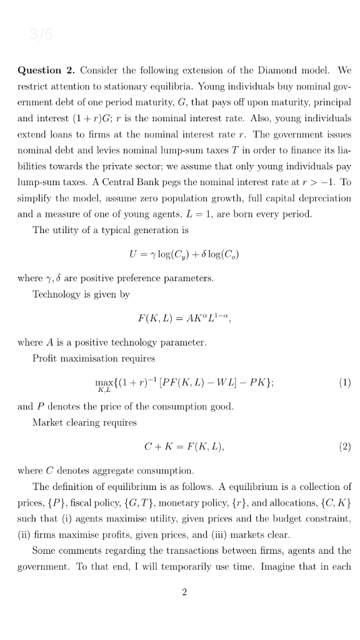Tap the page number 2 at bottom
coord(184,592)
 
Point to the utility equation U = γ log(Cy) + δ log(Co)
coord(183,254)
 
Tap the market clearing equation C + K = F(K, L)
coord(184,447)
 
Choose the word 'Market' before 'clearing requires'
coord(47,422)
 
